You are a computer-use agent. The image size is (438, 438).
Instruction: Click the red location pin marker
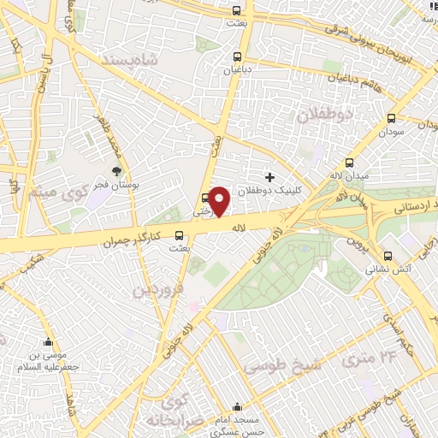(x=220, y=200)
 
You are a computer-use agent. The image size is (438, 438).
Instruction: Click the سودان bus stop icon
(x=391, y=119)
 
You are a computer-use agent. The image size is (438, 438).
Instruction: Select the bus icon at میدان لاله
(x=349, y=163)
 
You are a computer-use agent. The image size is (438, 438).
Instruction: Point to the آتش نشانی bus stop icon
(x=388, y=255)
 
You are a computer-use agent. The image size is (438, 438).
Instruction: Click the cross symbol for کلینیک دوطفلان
(x=269, y=177)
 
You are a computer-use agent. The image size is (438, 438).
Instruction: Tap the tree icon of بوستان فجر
(x=116, y=171)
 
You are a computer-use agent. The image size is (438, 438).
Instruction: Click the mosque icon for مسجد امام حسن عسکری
(x=237, y=406)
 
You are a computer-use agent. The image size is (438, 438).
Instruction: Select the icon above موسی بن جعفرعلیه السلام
(x=48, y=341)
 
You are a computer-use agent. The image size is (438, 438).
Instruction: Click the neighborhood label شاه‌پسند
(x=131, y=62)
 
